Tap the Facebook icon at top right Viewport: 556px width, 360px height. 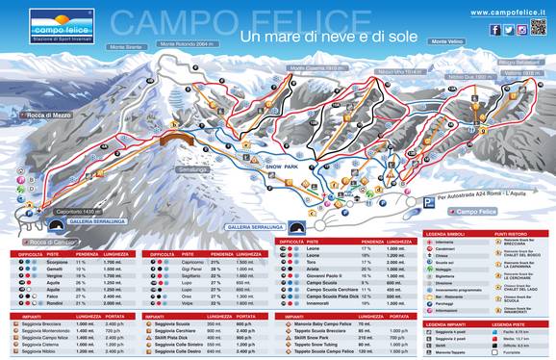(x=495, y=30)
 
